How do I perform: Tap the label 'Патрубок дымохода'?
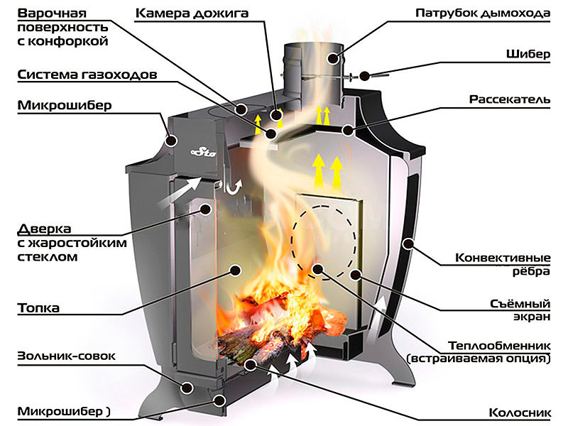point(493,13)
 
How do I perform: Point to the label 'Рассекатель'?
point(510,99)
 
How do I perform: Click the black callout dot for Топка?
point(234,270)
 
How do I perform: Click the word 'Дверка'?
point(43,229)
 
